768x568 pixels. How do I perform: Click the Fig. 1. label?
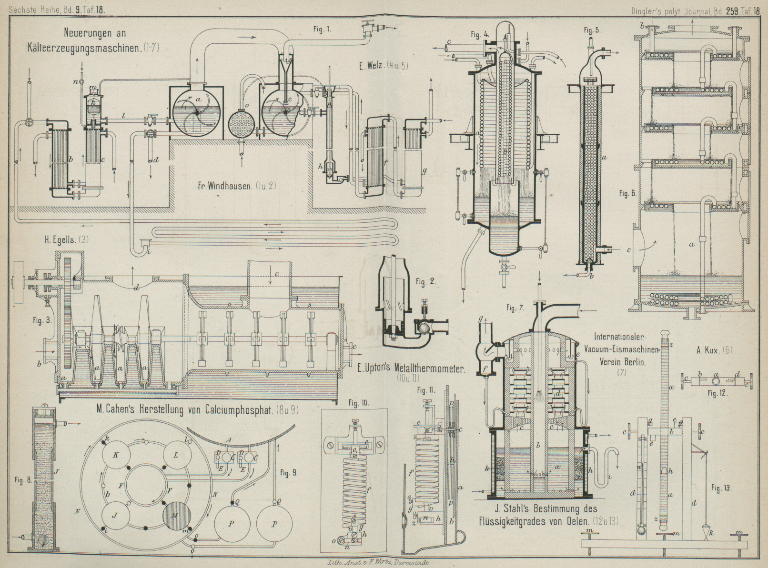[322, 30]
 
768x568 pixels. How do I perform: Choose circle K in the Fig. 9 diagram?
[116, 455]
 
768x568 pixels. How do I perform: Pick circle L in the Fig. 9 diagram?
[176, 455]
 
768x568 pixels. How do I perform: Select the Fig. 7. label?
[516, 309]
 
